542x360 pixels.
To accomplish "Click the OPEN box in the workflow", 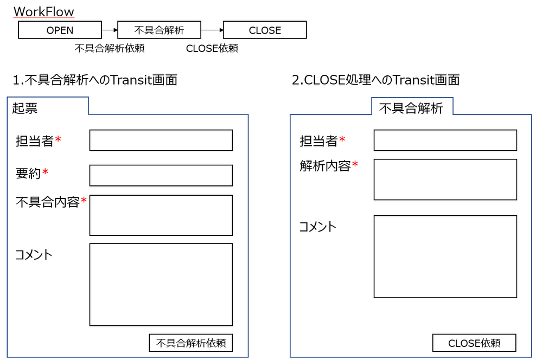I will coord(60,30).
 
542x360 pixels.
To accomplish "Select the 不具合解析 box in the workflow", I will coord(159,30).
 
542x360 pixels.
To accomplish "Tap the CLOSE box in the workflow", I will coord(265,30).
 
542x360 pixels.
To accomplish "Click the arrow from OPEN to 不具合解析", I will coord(110,30).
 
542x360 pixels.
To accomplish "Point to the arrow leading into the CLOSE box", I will coord(212,30).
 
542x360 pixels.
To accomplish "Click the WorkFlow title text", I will coord(43,11).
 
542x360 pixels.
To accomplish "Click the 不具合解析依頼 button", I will coord(190,343).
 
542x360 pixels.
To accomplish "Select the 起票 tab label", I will coord(25,108).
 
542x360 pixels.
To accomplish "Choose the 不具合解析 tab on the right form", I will coord(411,108).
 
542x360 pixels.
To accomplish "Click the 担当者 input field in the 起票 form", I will coord(161,140).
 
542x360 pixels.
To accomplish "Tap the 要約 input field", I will coord(161,175).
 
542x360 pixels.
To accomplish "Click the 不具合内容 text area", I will coord(161,215).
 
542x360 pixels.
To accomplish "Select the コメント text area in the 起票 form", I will coord(161,284).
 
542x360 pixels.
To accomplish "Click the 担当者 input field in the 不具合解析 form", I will coord(445,140).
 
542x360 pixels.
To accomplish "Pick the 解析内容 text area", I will coord(445,179).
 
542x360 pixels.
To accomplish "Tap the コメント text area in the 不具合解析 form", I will coord(445,256).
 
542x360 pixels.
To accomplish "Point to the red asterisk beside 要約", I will coord(46,173).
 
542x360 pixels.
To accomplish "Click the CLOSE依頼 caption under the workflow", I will coord(212,48).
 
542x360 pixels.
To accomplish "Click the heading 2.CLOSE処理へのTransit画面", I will coord(375,80).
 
